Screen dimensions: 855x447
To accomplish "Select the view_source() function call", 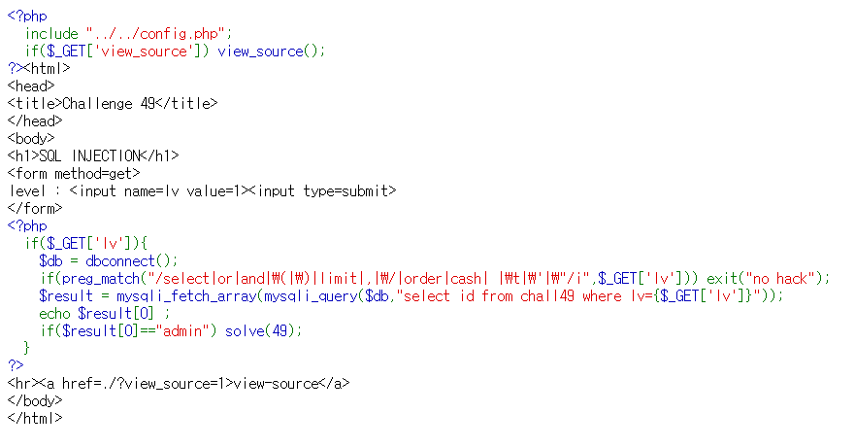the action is tap(271, 51).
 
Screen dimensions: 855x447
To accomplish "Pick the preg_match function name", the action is tap(92, 278).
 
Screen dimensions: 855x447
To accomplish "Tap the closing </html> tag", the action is tap(35, 418).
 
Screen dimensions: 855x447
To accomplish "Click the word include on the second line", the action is tap(51, 34).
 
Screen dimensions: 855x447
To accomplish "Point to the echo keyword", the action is tap(55, 313).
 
